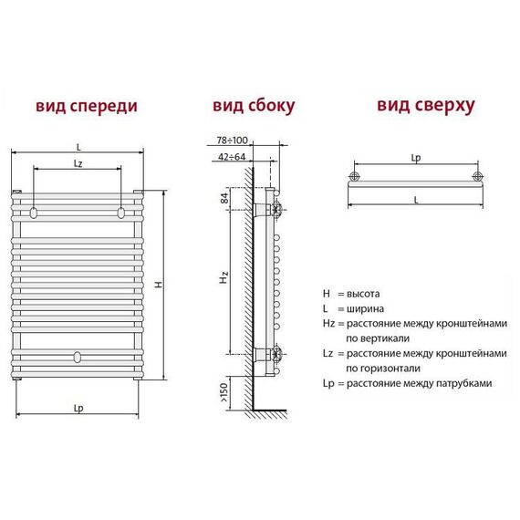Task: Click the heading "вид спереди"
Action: [87, 107]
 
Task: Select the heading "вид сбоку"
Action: [254, 106]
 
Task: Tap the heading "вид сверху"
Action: [426, 106]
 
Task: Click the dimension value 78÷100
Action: [232, 140]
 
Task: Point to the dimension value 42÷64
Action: [232, 157]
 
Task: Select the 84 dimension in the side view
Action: [224, 198]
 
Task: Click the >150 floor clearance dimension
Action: [224, 392]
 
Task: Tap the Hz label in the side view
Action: [224, 277]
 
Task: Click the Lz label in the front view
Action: [78, 163]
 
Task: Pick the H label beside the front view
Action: [159, 285]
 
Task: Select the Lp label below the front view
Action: [78, 408]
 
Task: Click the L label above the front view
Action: [78, 147]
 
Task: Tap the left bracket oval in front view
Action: [34, 213]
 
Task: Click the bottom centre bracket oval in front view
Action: [78, 357]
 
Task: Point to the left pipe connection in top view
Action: [354, 176]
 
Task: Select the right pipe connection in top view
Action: [477, 176]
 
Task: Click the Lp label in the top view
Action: [416, 158]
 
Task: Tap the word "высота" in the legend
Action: [363, 294]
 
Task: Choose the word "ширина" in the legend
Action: [365, 309]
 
